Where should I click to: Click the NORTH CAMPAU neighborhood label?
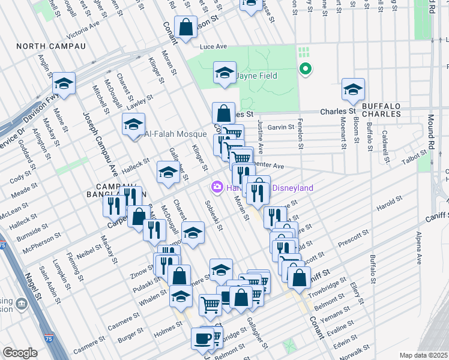51,46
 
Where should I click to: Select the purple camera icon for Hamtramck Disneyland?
216,188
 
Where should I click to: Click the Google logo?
20,353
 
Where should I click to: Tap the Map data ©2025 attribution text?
423,355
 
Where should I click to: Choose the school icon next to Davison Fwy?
63,84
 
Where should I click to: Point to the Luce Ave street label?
214,46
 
